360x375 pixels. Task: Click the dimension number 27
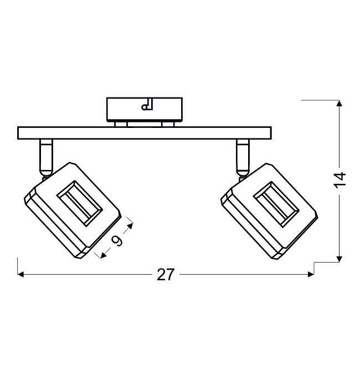coord(165,275)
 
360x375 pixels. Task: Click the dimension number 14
coord(340,180)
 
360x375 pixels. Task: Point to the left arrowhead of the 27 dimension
coord(20,274)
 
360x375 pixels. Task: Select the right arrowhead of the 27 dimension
coord(311,274)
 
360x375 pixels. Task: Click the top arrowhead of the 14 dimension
coord(339,103)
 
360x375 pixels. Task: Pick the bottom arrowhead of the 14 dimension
coord(339,259)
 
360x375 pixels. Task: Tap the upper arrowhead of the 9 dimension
coord(130,225)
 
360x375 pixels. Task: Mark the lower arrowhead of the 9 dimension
coord(104,255)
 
